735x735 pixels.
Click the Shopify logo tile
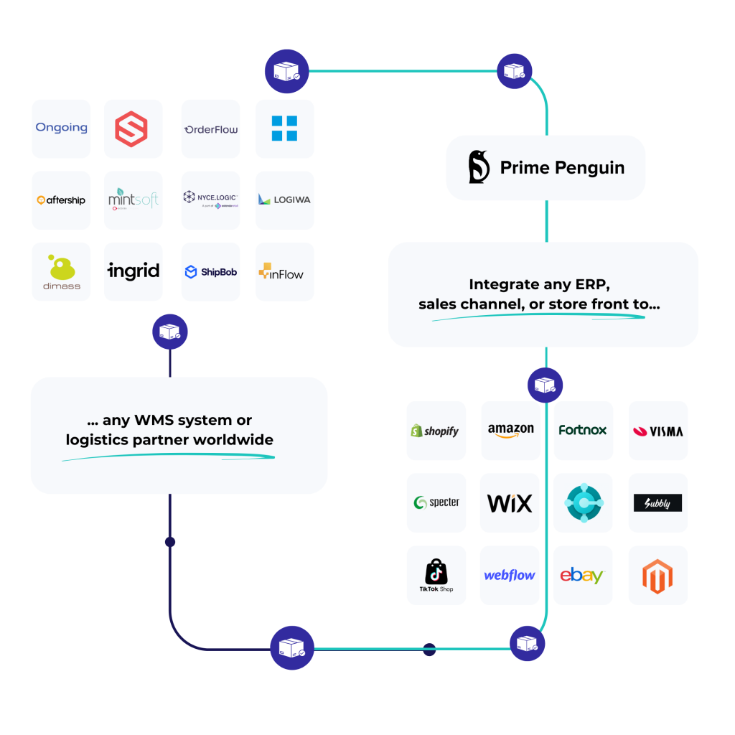click(x=436, y=431)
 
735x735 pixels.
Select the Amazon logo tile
click(x=510, y=431)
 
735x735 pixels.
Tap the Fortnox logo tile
click(x=583, y=431)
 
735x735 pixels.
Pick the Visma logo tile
click(x=658, y=431)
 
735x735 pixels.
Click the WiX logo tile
click(x=510, y=503)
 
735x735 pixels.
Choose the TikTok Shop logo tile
click(x=436, y=576)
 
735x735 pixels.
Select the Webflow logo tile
click(x=510, y=576)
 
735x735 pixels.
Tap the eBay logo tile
click(x=583, y=576)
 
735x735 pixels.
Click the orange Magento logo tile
click(x=658, y=576)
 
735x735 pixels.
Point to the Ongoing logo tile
click(x=61, y=128)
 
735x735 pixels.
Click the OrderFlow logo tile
click(x=210, y=128)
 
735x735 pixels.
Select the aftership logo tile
click(x=61, y=200)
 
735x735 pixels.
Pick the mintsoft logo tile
click(x=134, y=200)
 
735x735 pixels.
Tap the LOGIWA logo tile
click(x=285, y=200)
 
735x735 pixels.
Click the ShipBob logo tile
click(x=210, y=272)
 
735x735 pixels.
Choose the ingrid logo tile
click(x=134, y=272)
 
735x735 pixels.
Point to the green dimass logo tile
click(x=61, y=272)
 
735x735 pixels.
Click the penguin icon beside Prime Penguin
click(x=479, y=167)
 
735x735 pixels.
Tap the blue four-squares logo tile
click(x=285, y=128)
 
